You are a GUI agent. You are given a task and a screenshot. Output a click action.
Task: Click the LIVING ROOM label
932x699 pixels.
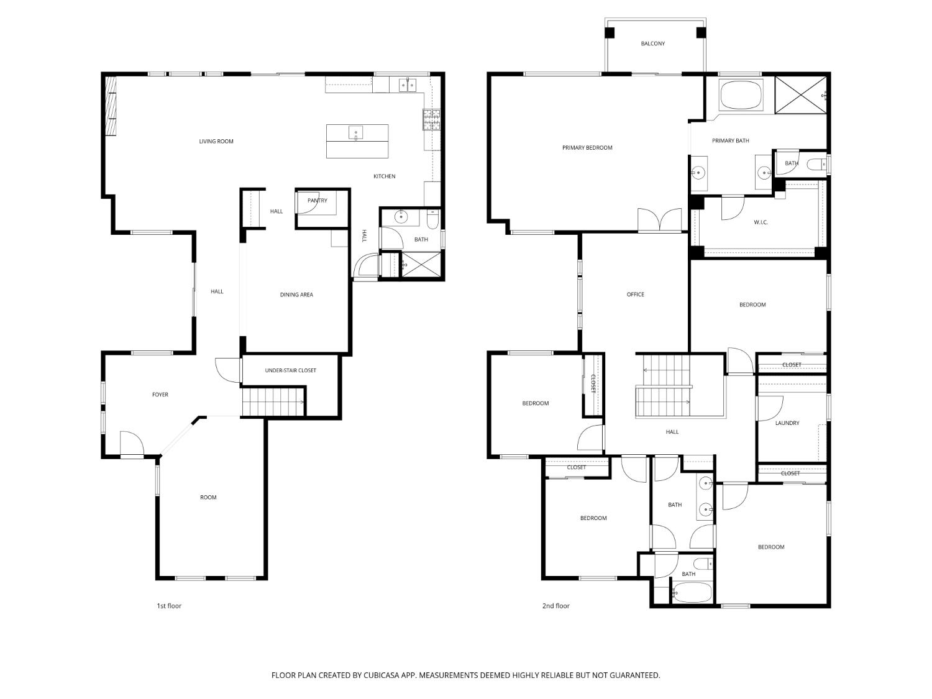tap(216, 141)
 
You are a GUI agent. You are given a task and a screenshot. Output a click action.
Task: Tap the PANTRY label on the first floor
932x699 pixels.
tap(317, 200)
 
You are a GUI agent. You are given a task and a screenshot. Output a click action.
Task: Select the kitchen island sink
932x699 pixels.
tap(356, 133)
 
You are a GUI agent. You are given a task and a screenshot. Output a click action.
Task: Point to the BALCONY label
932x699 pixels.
tap(652, 43)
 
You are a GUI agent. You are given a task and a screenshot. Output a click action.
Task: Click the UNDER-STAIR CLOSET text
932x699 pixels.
tap(290, 370)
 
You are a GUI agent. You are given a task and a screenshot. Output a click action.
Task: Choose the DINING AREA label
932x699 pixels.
tap(296, 295)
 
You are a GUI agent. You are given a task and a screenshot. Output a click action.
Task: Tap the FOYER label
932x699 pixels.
tap(160, 395)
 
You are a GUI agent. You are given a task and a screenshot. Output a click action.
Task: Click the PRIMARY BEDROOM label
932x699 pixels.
tap(587, 148)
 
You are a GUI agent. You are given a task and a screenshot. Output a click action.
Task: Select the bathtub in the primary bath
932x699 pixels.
tap(741, 96)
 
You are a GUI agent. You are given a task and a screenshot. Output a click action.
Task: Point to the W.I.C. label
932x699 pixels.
tap(761, 222)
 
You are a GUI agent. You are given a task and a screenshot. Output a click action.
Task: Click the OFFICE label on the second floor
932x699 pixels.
tap(635, 295)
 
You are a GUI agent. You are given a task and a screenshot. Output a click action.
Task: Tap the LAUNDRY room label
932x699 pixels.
tap(787, 423)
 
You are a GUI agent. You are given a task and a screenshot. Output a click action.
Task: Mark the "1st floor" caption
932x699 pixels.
tap(169, 606)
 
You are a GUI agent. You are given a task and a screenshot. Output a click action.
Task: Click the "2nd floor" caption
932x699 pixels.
tap(556, 606)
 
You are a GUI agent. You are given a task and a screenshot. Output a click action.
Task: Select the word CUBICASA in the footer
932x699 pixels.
tap(381, 675)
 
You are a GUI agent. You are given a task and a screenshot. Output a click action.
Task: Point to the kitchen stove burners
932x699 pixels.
tap(431, 119)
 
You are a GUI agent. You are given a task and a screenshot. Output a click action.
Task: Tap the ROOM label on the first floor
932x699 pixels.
tap(208, 498)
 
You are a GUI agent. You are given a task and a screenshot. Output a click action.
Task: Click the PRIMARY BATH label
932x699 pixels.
tap(730, 141)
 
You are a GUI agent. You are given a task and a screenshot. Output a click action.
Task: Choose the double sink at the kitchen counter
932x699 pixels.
tap(407, 85)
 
